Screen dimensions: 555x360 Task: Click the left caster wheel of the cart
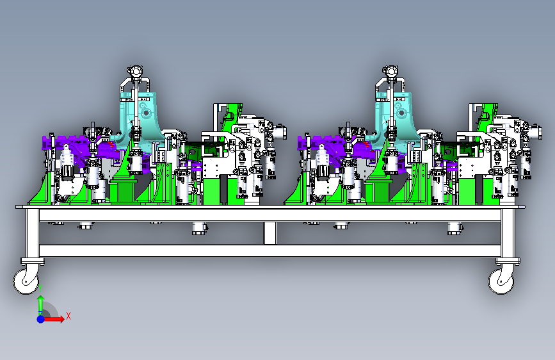point(26,281)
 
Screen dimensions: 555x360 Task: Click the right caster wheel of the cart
point(501,281)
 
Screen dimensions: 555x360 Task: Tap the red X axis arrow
point(54,319)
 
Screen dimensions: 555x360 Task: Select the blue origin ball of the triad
point(41,319)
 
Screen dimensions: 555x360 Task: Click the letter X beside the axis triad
point(68,316)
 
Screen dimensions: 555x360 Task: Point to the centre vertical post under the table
point(269,233)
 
